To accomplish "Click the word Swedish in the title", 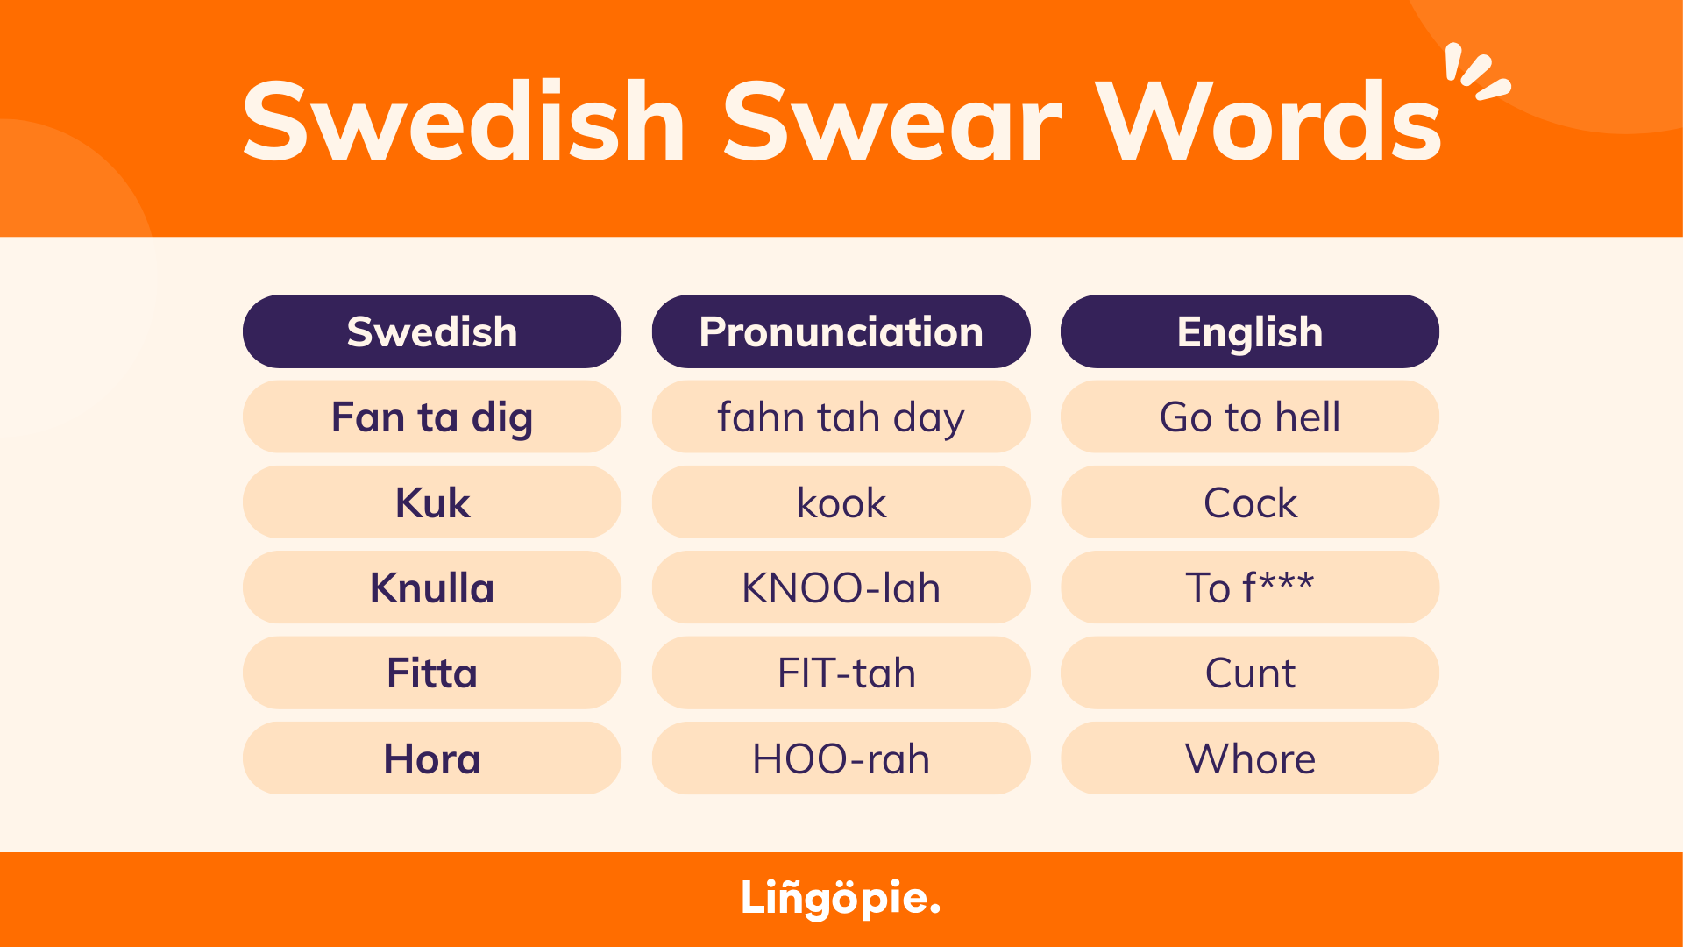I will click(463, 123).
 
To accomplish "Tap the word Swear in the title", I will click(891, 123).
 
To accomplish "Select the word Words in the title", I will click(1269, 123).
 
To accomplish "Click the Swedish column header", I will click(432, 332).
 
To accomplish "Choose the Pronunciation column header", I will click(841, 332).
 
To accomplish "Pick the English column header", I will click(1249, 332).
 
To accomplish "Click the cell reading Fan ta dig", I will click(432, 417).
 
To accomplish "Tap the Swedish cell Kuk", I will click(432, 502).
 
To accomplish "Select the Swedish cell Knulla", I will click(432, 587).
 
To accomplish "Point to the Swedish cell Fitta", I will click(432, 673).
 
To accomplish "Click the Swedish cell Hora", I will click(432, 758).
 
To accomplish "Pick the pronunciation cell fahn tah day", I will click(841, 417).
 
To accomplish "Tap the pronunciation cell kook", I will click(841, 502).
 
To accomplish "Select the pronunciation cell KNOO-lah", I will click(841, 587).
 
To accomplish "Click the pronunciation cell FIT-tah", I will click(841, 673).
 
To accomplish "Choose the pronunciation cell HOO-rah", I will click(841, 758).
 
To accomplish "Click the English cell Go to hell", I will click(1249, 417).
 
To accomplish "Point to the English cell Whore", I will click(1249, 758).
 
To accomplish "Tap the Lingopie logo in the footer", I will click(841, 899).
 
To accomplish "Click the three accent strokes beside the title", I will click(1476, 72).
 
